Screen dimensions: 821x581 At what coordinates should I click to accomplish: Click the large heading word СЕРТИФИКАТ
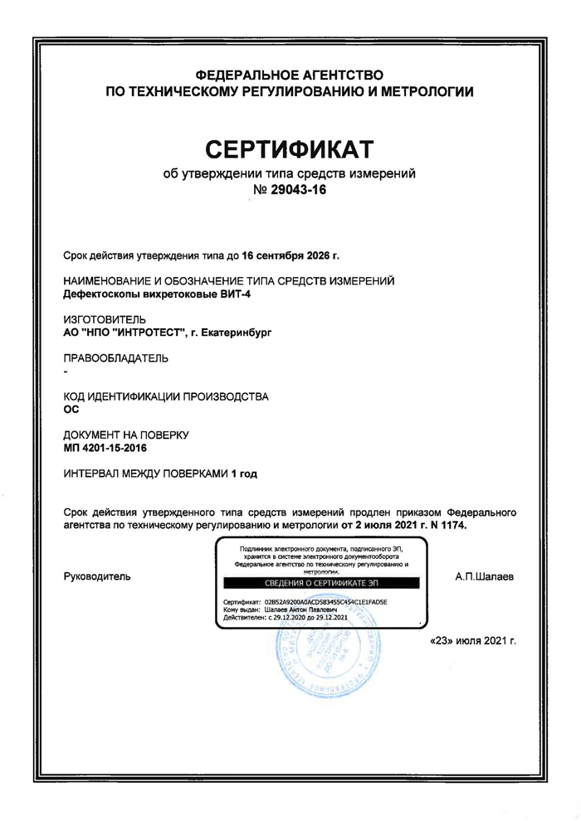[290, 149]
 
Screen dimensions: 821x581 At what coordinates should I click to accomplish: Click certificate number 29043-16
[306, 191]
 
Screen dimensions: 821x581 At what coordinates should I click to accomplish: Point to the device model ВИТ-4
[210, 294]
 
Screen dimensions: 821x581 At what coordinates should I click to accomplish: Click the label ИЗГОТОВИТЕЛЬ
[105, 319]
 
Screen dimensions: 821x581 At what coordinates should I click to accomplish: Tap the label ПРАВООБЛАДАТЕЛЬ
[116, 358]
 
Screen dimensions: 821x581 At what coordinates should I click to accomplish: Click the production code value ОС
[71, 410]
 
